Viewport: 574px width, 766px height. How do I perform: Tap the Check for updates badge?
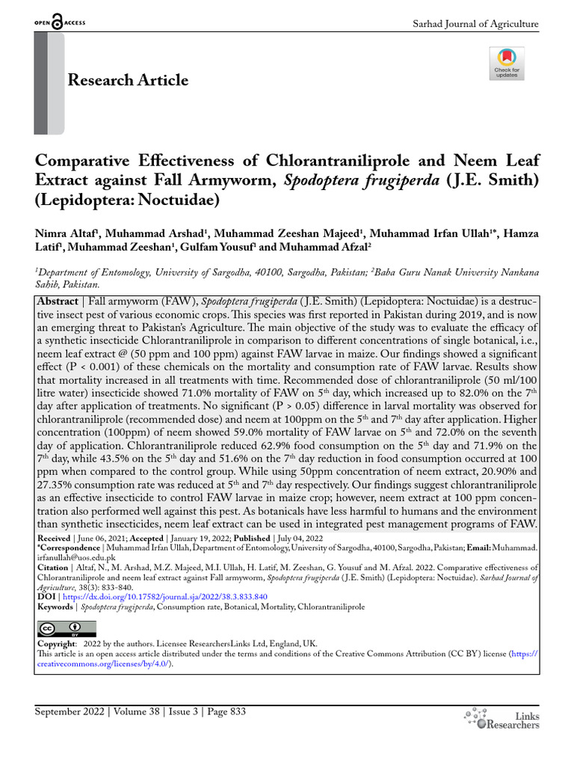(x=507, y=64)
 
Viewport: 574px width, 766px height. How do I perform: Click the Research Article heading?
(x=128, y=80)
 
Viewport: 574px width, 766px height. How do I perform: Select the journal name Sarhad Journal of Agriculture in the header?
(x=475, y=24)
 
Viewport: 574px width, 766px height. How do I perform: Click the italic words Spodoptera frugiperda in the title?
(x=348, y=180)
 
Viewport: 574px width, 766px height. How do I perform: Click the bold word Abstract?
(x=58, y=301)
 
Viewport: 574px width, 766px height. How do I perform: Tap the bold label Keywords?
(x=55, y=607)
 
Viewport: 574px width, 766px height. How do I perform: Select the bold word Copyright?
(x=57, y=643)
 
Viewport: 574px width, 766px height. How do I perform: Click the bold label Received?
(x=54, y=539)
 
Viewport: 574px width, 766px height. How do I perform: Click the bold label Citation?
(x=53, y=568)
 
